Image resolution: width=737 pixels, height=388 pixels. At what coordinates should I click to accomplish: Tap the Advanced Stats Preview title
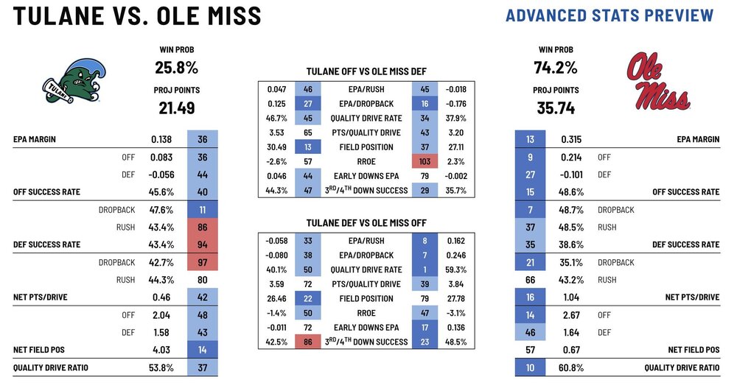pos(609,15)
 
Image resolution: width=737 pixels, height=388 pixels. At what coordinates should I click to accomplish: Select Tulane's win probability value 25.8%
pos(177,68)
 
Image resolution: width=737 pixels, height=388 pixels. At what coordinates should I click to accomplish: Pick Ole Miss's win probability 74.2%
pos(555,68)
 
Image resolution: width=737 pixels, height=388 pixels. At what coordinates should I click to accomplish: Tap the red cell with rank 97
pos(201,262)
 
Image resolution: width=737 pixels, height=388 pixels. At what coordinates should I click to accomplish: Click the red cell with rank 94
pos(201,244)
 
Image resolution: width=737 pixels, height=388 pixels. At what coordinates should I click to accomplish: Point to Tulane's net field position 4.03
pos(162,350)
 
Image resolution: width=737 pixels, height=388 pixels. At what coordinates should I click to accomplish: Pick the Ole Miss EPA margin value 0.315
pos(568,139)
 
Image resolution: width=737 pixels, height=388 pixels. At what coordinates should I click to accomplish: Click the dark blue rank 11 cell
pos(201,209)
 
